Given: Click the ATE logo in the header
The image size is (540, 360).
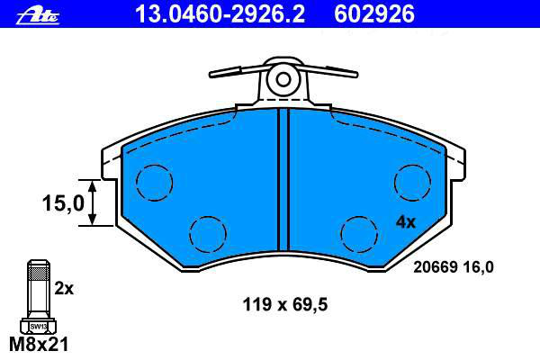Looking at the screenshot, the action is [38, 16].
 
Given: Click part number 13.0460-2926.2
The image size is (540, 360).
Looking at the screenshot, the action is [220, 14].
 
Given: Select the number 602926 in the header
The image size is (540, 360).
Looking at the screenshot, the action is [374, 14].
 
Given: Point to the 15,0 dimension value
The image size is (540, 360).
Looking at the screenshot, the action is [63, 202].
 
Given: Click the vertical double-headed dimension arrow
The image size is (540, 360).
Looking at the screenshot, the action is [92, 202].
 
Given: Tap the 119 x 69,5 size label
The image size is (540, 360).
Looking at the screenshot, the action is [285, 304].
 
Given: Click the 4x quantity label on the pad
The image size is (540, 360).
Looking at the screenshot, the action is [406, 222].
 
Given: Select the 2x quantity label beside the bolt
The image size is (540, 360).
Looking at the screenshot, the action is [64, 289].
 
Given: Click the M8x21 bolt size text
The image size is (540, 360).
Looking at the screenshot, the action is [39, 344].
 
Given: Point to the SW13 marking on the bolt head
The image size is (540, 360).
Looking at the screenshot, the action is [38, 326].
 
